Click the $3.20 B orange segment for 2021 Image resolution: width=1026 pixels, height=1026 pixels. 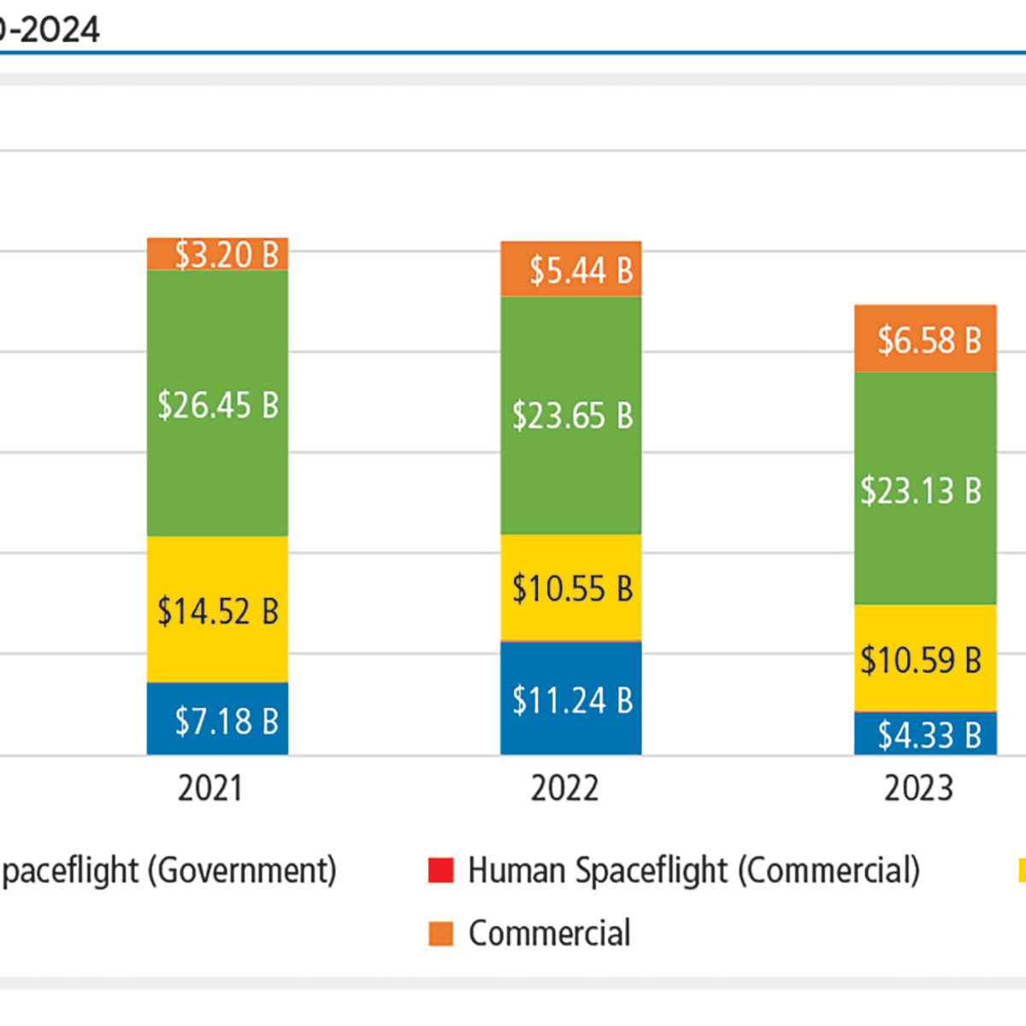(217, 254)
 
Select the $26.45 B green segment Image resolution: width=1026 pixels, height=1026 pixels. (217, 404)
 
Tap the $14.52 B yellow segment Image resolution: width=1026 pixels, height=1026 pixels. (217, 610)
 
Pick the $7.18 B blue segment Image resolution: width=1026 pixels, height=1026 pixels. (217, 720)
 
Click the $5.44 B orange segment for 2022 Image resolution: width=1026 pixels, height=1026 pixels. (570, 269)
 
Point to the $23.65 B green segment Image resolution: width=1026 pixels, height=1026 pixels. (570, 416)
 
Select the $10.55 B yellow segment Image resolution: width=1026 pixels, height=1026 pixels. (570, 588)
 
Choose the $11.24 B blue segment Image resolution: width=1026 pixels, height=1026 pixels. (570, 699)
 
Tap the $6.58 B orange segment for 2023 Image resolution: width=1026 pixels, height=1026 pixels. (925, 339)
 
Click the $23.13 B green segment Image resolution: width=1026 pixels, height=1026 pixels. (925, 489)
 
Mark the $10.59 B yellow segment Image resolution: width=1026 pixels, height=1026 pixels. (925, 658)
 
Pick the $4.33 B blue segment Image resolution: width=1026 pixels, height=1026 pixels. (925, 734)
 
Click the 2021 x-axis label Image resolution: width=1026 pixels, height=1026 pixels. (210, 787)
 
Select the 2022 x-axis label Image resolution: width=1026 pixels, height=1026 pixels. (564, 787)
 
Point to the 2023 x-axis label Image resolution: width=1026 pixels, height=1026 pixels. (918, 787)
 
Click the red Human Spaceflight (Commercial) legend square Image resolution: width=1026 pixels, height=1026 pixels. (441, 870)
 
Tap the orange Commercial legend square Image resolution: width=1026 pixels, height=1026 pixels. (441, 933)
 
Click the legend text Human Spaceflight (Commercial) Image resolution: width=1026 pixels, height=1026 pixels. (693, 870)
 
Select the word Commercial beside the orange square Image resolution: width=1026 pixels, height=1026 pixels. (549, 933)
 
